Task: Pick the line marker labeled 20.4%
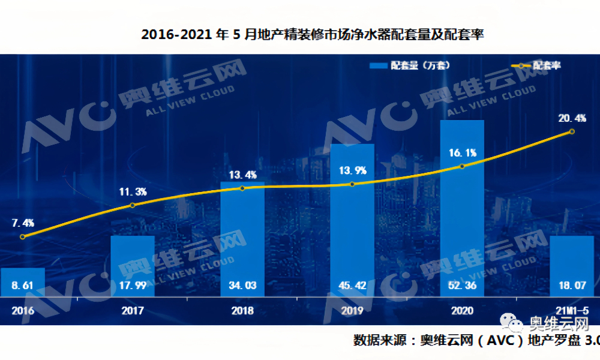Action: [572, 131]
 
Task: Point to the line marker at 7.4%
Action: [23, 236]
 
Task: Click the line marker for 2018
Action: [242, 188]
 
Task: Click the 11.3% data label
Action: [133, 192]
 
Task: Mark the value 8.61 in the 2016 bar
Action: [23, 286]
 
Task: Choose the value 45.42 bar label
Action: [352, 286]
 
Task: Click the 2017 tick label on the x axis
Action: [133, 311]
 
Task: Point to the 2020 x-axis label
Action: [462, 311]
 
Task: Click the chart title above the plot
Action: [312, 35]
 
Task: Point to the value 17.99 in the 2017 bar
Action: [133, 286]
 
